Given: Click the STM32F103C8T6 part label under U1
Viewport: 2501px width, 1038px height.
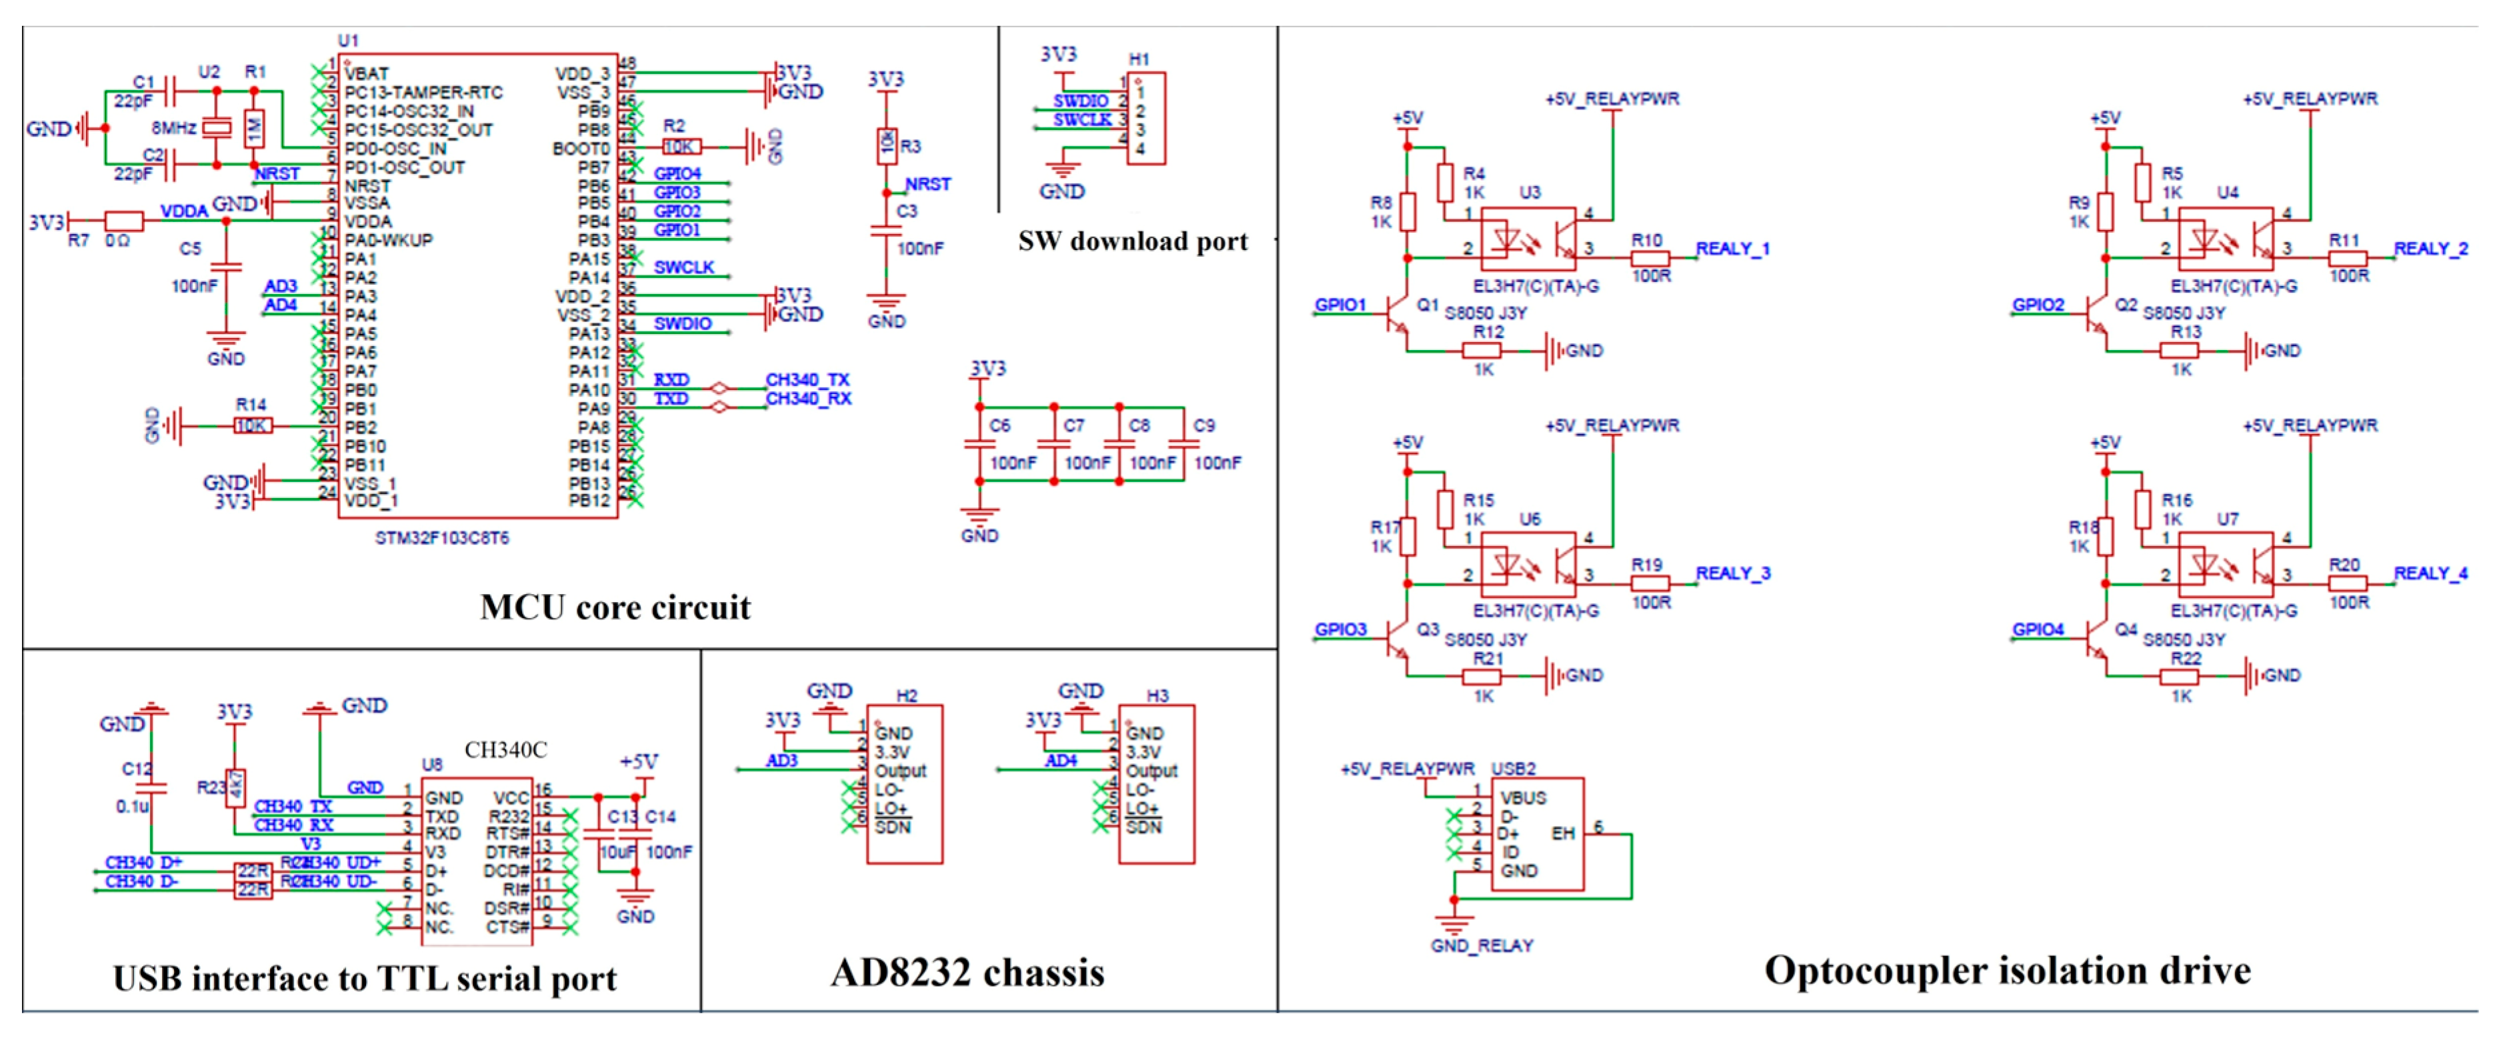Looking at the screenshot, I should click(442, 537).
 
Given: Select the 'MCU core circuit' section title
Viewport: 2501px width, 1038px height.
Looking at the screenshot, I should click(615, 607).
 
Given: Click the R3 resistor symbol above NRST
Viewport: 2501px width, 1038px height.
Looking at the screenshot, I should click(885, 145).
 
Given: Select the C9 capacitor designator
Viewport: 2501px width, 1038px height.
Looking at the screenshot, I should click(1204, 425).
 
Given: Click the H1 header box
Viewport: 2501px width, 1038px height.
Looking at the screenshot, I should click(1145, 117).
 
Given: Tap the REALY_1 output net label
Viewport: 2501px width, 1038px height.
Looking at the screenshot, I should click(1732, 249).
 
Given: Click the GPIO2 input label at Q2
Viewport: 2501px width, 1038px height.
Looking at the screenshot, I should click(2038, 305).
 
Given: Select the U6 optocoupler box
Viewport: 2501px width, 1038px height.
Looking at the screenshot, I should click(1527, 564).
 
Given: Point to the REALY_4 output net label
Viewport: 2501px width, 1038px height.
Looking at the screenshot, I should click(2430, 573).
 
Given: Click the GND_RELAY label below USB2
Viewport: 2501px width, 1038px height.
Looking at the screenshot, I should click(1481, 945).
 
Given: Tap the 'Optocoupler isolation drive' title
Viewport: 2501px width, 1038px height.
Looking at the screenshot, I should click(2007, 970).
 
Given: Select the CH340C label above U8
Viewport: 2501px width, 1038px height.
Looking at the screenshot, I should click(505, 749).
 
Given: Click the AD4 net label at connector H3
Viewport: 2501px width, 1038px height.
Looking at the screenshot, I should click(1060, 760).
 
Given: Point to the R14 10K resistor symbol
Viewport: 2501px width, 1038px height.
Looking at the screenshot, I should click(253, 425).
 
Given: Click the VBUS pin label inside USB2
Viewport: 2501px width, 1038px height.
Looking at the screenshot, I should click(1522, 797).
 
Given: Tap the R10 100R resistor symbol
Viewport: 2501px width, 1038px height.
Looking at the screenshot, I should click(1650, 258).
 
